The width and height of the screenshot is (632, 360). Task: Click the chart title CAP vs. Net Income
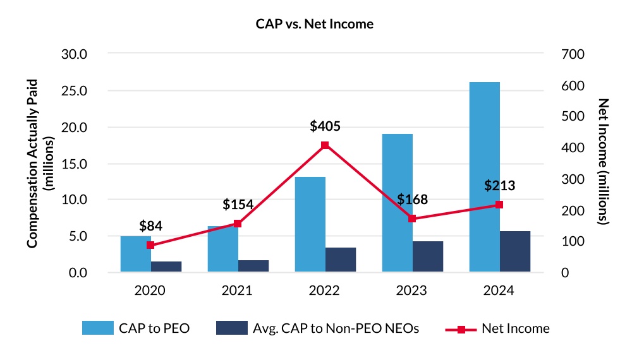click(315, 24)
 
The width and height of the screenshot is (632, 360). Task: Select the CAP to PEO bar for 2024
click(485, 177)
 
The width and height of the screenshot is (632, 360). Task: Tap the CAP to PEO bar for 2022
click(310, 224)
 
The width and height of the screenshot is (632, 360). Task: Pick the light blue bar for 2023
click(398, 202)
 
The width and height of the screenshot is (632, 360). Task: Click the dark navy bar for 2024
click(515, 251)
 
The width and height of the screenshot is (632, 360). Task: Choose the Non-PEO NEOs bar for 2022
click(341, 260)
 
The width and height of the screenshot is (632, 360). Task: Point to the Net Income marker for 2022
click(325, 145)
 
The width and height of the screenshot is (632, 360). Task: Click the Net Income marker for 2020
click(150, 245)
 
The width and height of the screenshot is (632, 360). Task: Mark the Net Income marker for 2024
click(499, 205)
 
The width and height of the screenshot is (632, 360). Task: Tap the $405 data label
click(325, 126)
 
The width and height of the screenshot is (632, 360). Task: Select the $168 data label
click(413, 200)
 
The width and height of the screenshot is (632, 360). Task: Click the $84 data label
click(151, 226)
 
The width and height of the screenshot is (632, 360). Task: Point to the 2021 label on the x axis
click(238, 291)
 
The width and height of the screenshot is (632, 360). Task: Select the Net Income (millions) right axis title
click(603, 163)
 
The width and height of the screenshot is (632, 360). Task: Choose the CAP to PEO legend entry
click(136, 328)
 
